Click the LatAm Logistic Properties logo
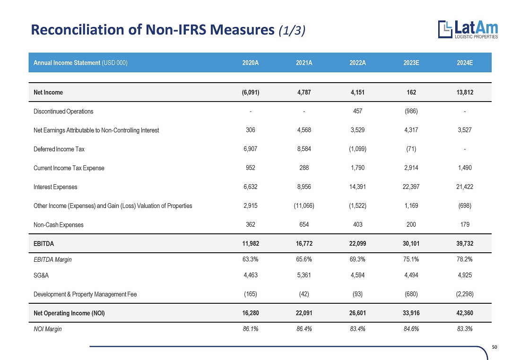pyautogui.click(x=468, y=29)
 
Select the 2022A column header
pyautogui.click(x=357, y=63)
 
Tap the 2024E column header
pyautogui.click(x=465, y=63)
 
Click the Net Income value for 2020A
pyautogui.click(x=251, y=92)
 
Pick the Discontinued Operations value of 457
pyautogui.click(x=357, y=111)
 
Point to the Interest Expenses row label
pyautogui.click(x=55, y=187)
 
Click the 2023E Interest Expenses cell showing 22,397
pyautogui.click(x=411, y=187)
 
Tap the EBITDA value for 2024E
pyautogui.click(x=465, y=244)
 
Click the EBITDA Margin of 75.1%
pyautogui.click(x=411, y=259)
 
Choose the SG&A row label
pyautogui.click(x=41, y=275)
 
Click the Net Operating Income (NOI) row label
pyautogui.click(x=69, y=313)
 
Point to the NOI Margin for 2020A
pyautogui.click(x=251, y=329)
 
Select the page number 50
pyautogui.click(x=494, y=347)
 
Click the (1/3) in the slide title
pyautogui.click(x=292, y=30)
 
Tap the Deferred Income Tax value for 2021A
pyautogui.click(x=304, y=149)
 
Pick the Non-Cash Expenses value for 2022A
pyautogui.click(x=357, y=225)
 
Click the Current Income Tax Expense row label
pyautogui.click(x=69, y=168)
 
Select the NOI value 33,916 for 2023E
pyautogui.click(x=411, y=313)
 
